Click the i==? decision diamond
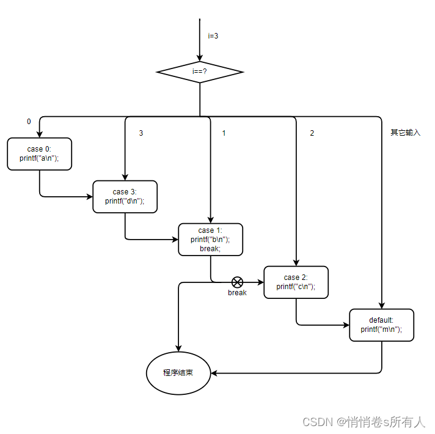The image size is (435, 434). click(x=200, y=72)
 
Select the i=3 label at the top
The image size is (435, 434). click(x=213, y=36)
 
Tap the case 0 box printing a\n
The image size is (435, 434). click(x=40, y=153)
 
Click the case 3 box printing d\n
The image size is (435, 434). click(x=125, y=196)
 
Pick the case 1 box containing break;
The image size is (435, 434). click(x=210, y=239)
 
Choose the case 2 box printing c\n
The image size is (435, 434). click(x=296, y=282)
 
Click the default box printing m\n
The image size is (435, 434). click(x=381, y=325)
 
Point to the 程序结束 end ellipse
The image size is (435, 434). click(x=178, y=372)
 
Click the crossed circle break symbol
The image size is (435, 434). click(x=237, y=282)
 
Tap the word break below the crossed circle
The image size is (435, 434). click(x=237, y=293)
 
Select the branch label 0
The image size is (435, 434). click(x=29, y=122)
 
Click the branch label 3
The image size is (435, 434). click(x=141, y=133)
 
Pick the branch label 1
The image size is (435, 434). click(x=224, y=133)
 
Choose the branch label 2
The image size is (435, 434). click(x=312, y=133)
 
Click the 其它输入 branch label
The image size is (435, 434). click(x=406, y=133)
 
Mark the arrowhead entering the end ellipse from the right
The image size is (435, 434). click(x=214, y=372)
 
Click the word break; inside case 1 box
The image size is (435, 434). click(x=210, y=248)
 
